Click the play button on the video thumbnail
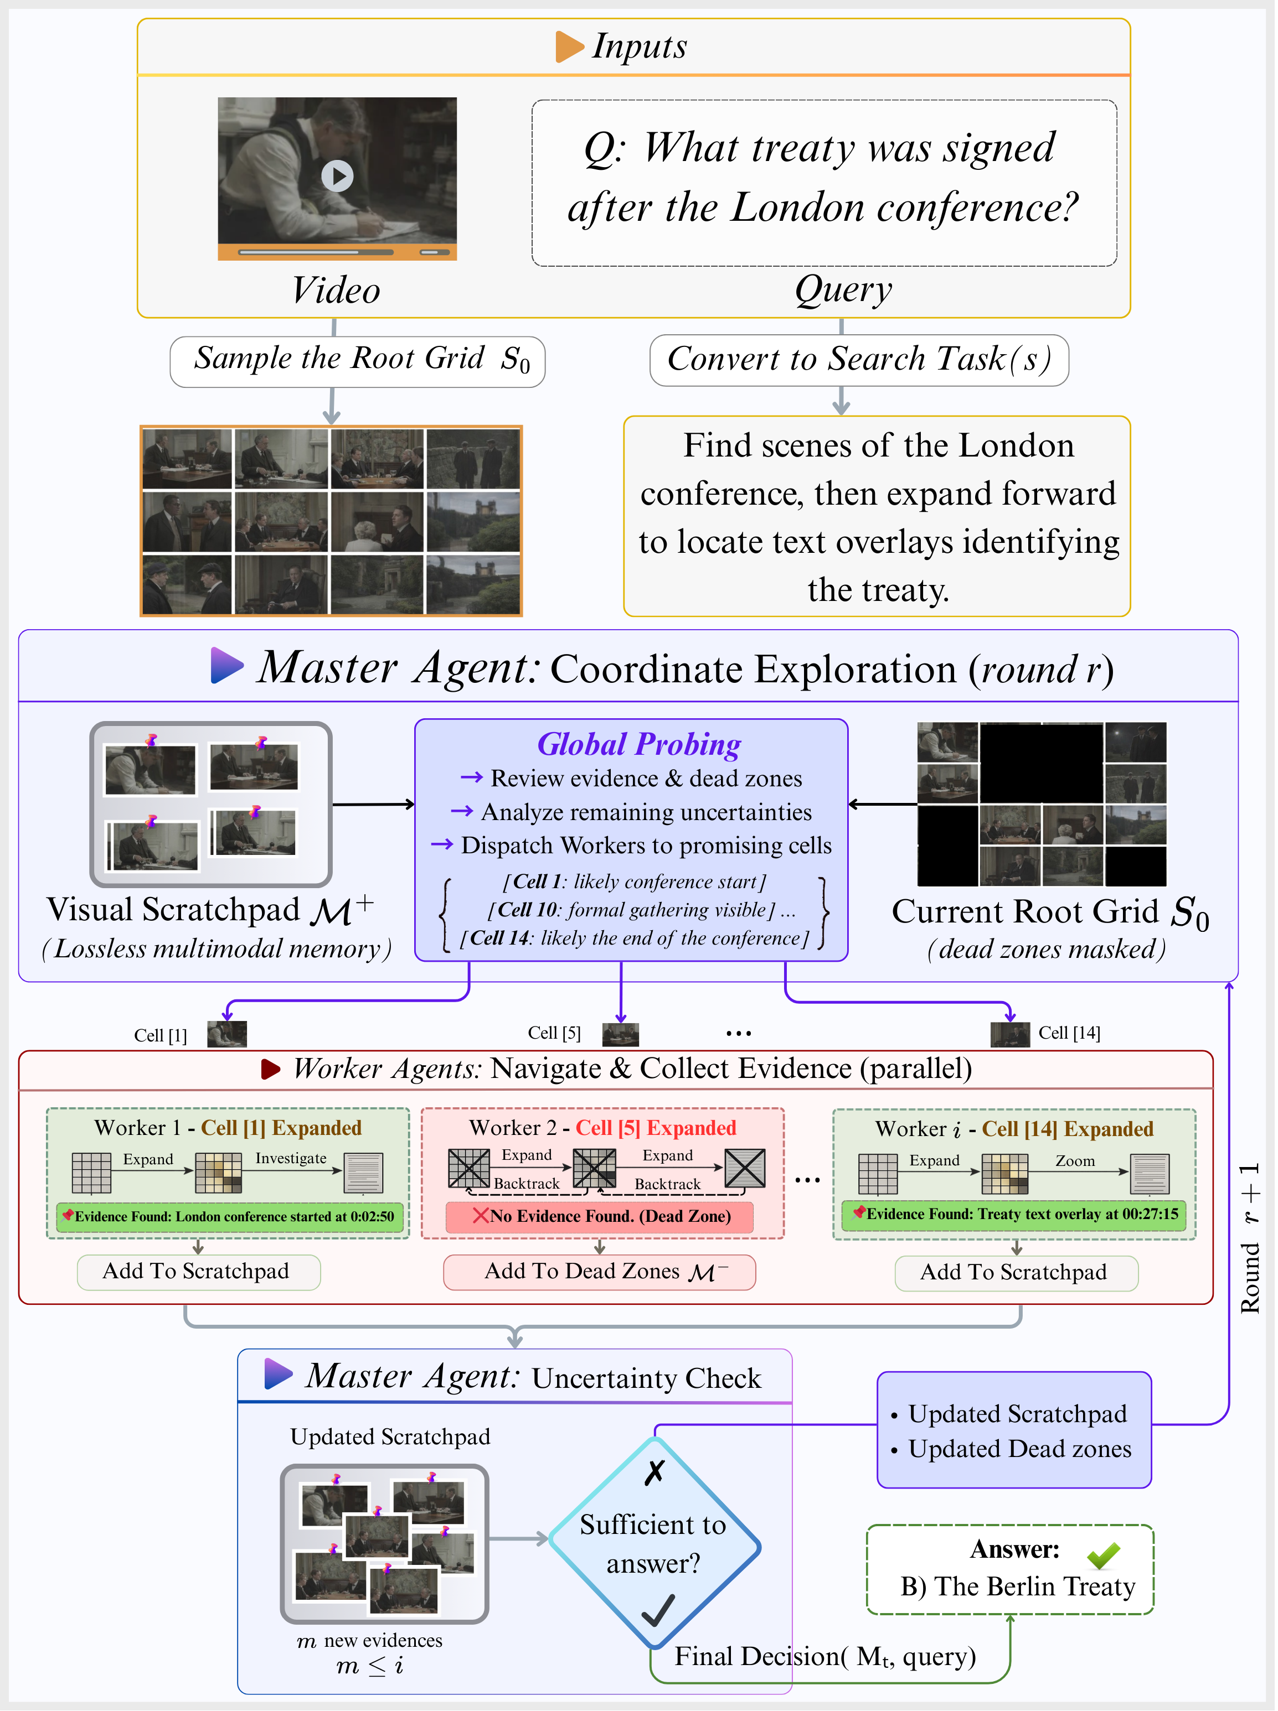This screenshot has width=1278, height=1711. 337,177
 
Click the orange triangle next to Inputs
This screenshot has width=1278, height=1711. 569,47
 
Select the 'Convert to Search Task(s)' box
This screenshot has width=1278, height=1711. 859,360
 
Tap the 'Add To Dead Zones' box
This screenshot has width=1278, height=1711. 599,1272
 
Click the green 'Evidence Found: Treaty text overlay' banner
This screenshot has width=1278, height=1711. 1017,1215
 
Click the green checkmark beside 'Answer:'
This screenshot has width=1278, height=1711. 1102,1555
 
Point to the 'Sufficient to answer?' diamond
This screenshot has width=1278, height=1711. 654,1542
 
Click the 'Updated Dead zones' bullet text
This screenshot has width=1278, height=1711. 1019,1449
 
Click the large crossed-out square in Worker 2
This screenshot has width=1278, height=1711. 744,1168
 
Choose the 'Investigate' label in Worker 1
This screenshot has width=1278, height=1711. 291,1158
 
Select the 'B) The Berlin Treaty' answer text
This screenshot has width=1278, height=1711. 1017,1586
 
